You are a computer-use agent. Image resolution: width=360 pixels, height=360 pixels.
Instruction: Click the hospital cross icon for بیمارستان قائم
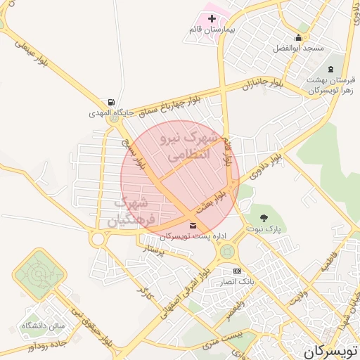click(x=212, y=18)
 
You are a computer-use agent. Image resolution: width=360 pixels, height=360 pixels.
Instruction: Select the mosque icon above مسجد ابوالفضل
click(x=300, y=38)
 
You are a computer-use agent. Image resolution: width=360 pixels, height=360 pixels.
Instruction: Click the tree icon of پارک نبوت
click(x=264, y=218)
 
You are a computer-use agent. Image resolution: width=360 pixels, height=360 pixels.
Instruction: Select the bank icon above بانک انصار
click(x=237, y=270)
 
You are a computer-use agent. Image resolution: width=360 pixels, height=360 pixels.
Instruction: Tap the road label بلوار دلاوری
click(x=268, y=155)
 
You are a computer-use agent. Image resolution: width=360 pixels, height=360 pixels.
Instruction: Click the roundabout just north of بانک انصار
click(x=226, y=251)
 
